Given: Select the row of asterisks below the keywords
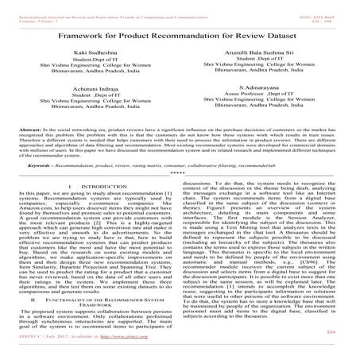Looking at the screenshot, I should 180,196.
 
